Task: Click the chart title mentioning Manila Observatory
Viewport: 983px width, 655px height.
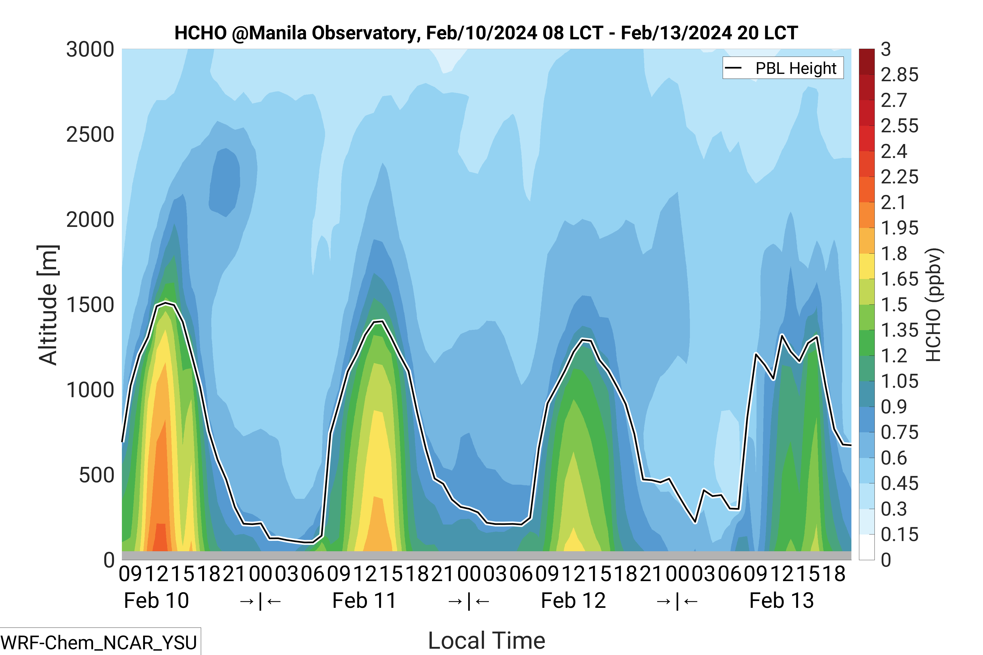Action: [486, 33]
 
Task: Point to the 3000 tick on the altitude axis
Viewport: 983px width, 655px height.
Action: [90, 50]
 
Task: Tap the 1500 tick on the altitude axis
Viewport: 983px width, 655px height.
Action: [90, 305]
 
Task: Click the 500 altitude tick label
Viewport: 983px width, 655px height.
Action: [96, 475]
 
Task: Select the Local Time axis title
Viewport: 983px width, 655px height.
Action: [487, 640]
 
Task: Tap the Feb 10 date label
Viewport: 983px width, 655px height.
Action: [156, 601]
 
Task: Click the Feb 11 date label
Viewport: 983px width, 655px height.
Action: [364, 601]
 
